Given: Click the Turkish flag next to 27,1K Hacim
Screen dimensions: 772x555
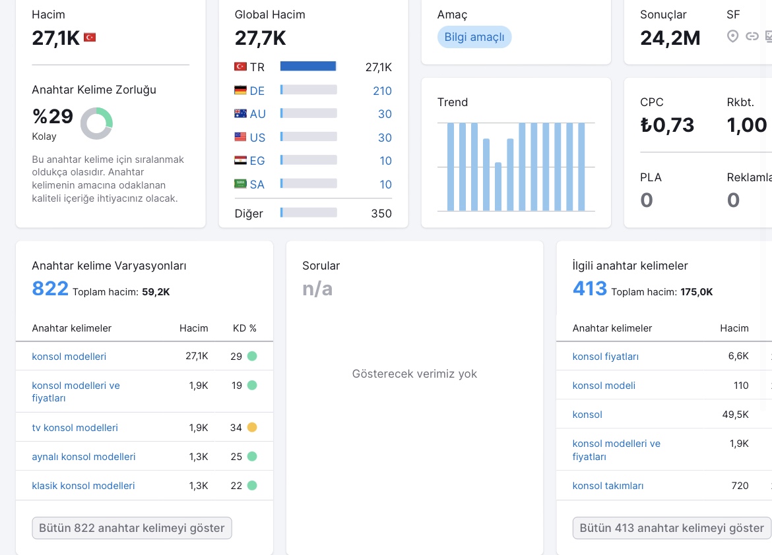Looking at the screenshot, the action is tap(90, 38).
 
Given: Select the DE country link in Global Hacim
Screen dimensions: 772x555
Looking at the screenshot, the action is tap(257, 90).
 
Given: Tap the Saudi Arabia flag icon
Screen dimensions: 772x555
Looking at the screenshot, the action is tap(240, 184).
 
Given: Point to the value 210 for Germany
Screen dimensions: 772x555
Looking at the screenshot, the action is tap(382, 90).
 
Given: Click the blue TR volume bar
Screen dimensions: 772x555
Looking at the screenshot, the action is tap(308, 67).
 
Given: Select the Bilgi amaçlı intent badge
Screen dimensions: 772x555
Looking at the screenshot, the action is tap(474, 37).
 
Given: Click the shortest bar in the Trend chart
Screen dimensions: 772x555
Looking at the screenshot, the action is tap(498, 187).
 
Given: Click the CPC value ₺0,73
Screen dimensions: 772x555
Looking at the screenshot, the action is tap(667, 125).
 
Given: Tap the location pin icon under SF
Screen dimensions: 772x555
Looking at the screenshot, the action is tap(732, 36).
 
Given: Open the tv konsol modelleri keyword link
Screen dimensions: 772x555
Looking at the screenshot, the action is tap(75, 428).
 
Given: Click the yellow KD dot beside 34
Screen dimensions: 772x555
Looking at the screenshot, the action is tap(252, 427).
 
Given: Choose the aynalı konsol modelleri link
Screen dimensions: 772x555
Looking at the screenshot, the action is tap(84, 457).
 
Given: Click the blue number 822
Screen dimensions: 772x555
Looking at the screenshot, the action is tap(50, 288).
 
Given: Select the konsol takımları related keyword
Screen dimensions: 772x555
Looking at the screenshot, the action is tap(608, 486).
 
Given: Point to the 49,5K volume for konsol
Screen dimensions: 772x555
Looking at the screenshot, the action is tap(735, 415).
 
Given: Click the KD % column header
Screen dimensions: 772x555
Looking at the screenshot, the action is tap(245, 328).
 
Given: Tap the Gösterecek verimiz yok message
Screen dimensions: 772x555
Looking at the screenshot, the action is tap(414, 374).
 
